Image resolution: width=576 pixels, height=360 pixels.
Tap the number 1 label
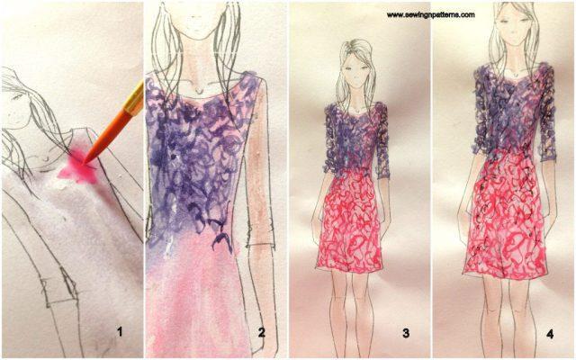(x=119, y=332)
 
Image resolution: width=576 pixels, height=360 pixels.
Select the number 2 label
(x=262, y=332)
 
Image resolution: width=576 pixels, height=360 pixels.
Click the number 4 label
(x=549, y=332)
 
